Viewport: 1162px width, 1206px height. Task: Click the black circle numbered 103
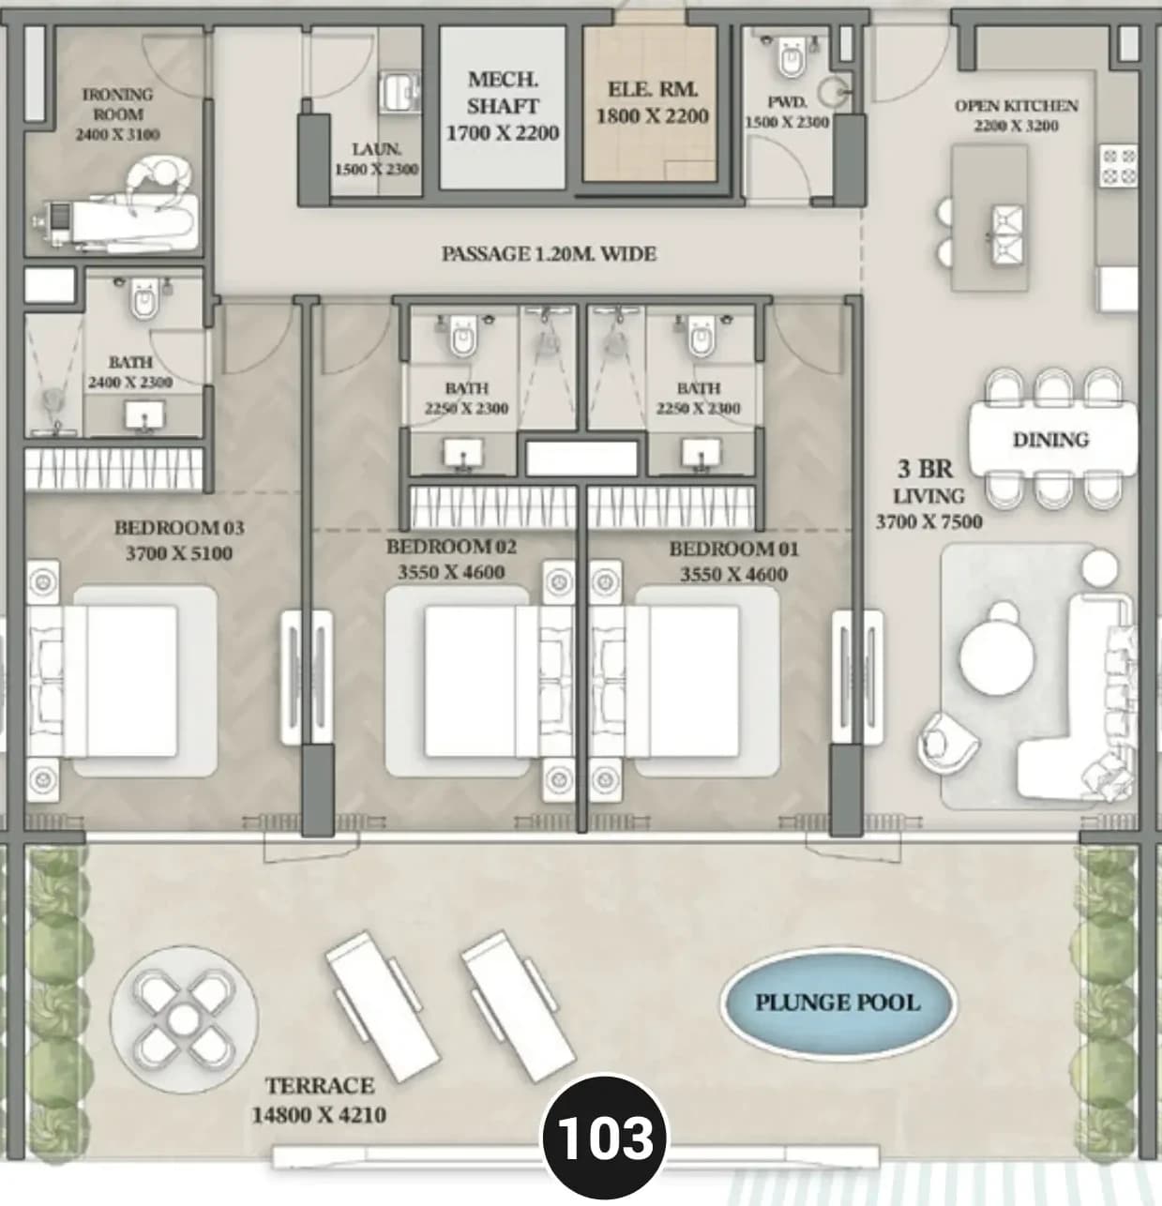pyautogui.click(x=605, y=1138)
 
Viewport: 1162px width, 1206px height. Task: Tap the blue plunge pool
pyautogui.click(x=838, y=1003)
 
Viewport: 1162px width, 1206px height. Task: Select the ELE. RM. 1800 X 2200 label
pyautogui.click(x=653, y=102)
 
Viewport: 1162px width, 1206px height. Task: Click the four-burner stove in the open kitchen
pyautogui.click(x=1119, y=165)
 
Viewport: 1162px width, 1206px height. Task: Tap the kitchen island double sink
pyautogui.click(x=1008, y=235)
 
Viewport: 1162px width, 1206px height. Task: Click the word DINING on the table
pyautogui.click(x=1051, y=440)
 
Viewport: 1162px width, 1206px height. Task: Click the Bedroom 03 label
pyautogui.click(x=179, y=528)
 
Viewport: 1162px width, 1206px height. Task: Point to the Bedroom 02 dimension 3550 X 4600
pyautogui.click(x=451, y=571)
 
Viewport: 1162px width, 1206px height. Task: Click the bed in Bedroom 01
pyautogui.click(x=686, y=681)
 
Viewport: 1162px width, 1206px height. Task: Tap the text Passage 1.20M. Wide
pyautogui.click(x=549, y=254)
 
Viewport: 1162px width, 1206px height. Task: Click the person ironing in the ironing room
pyautogui.click(x=158, y=184)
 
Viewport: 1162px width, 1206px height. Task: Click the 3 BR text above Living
pyautogui.click(x=925, y=469)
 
